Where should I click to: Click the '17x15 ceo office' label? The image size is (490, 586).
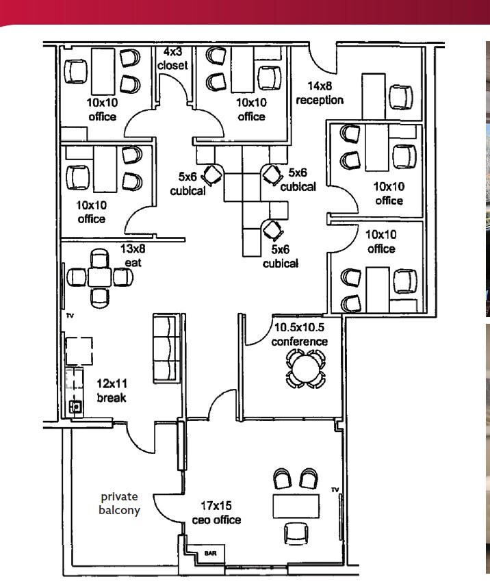click(216, 514)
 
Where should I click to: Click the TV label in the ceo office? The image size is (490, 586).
click(335, 489)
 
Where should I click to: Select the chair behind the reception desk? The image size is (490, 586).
click(401, 96)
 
